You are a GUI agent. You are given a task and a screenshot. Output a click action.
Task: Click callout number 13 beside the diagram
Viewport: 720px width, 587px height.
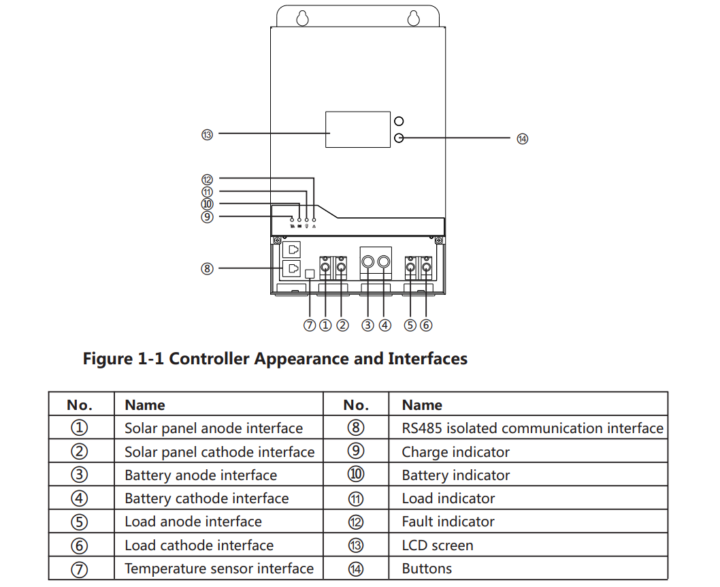(207, 135)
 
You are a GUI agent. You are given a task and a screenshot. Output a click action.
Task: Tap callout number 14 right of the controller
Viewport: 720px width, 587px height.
(522, 139)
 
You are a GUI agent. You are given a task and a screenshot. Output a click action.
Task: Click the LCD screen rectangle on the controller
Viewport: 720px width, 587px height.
(357, 129)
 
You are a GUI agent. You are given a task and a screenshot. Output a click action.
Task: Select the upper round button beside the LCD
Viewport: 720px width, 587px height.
(399, 121)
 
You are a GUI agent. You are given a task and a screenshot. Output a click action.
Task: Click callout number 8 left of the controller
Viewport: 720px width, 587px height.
(207, 268)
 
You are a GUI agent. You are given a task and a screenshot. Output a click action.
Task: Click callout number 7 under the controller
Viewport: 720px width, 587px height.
(310, 326)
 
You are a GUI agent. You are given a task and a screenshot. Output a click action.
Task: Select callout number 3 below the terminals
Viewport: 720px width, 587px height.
(368, 326)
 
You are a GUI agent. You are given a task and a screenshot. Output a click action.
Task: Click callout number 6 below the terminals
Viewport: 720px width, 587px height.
(426, 326)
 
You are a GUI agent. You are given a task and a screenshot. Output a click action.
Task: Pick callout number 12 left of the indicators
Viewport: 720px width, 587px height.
(207, 180)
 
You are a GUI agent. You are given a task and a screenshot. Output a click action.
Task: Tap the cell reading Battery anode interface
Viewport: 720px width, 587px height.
(201, 475)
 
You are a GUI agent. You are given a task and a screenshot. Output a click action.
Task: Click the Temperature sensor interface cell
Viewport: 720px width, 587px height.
(219, 569)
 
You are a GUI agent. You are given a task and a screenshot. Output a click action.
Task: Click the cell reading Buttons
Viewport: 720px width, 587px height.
(427, 569)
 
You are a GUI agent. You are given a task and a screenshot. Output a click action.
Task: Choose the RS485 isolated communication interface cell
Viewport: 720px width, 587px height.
(532, 428)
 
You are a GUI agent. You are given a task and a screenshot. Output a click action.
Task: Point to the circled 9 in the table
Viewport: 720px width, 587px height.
(355, 451)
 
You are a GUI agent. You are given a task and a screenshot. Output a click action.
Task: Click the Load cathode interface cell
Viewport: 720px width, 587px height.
(199, 545)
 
